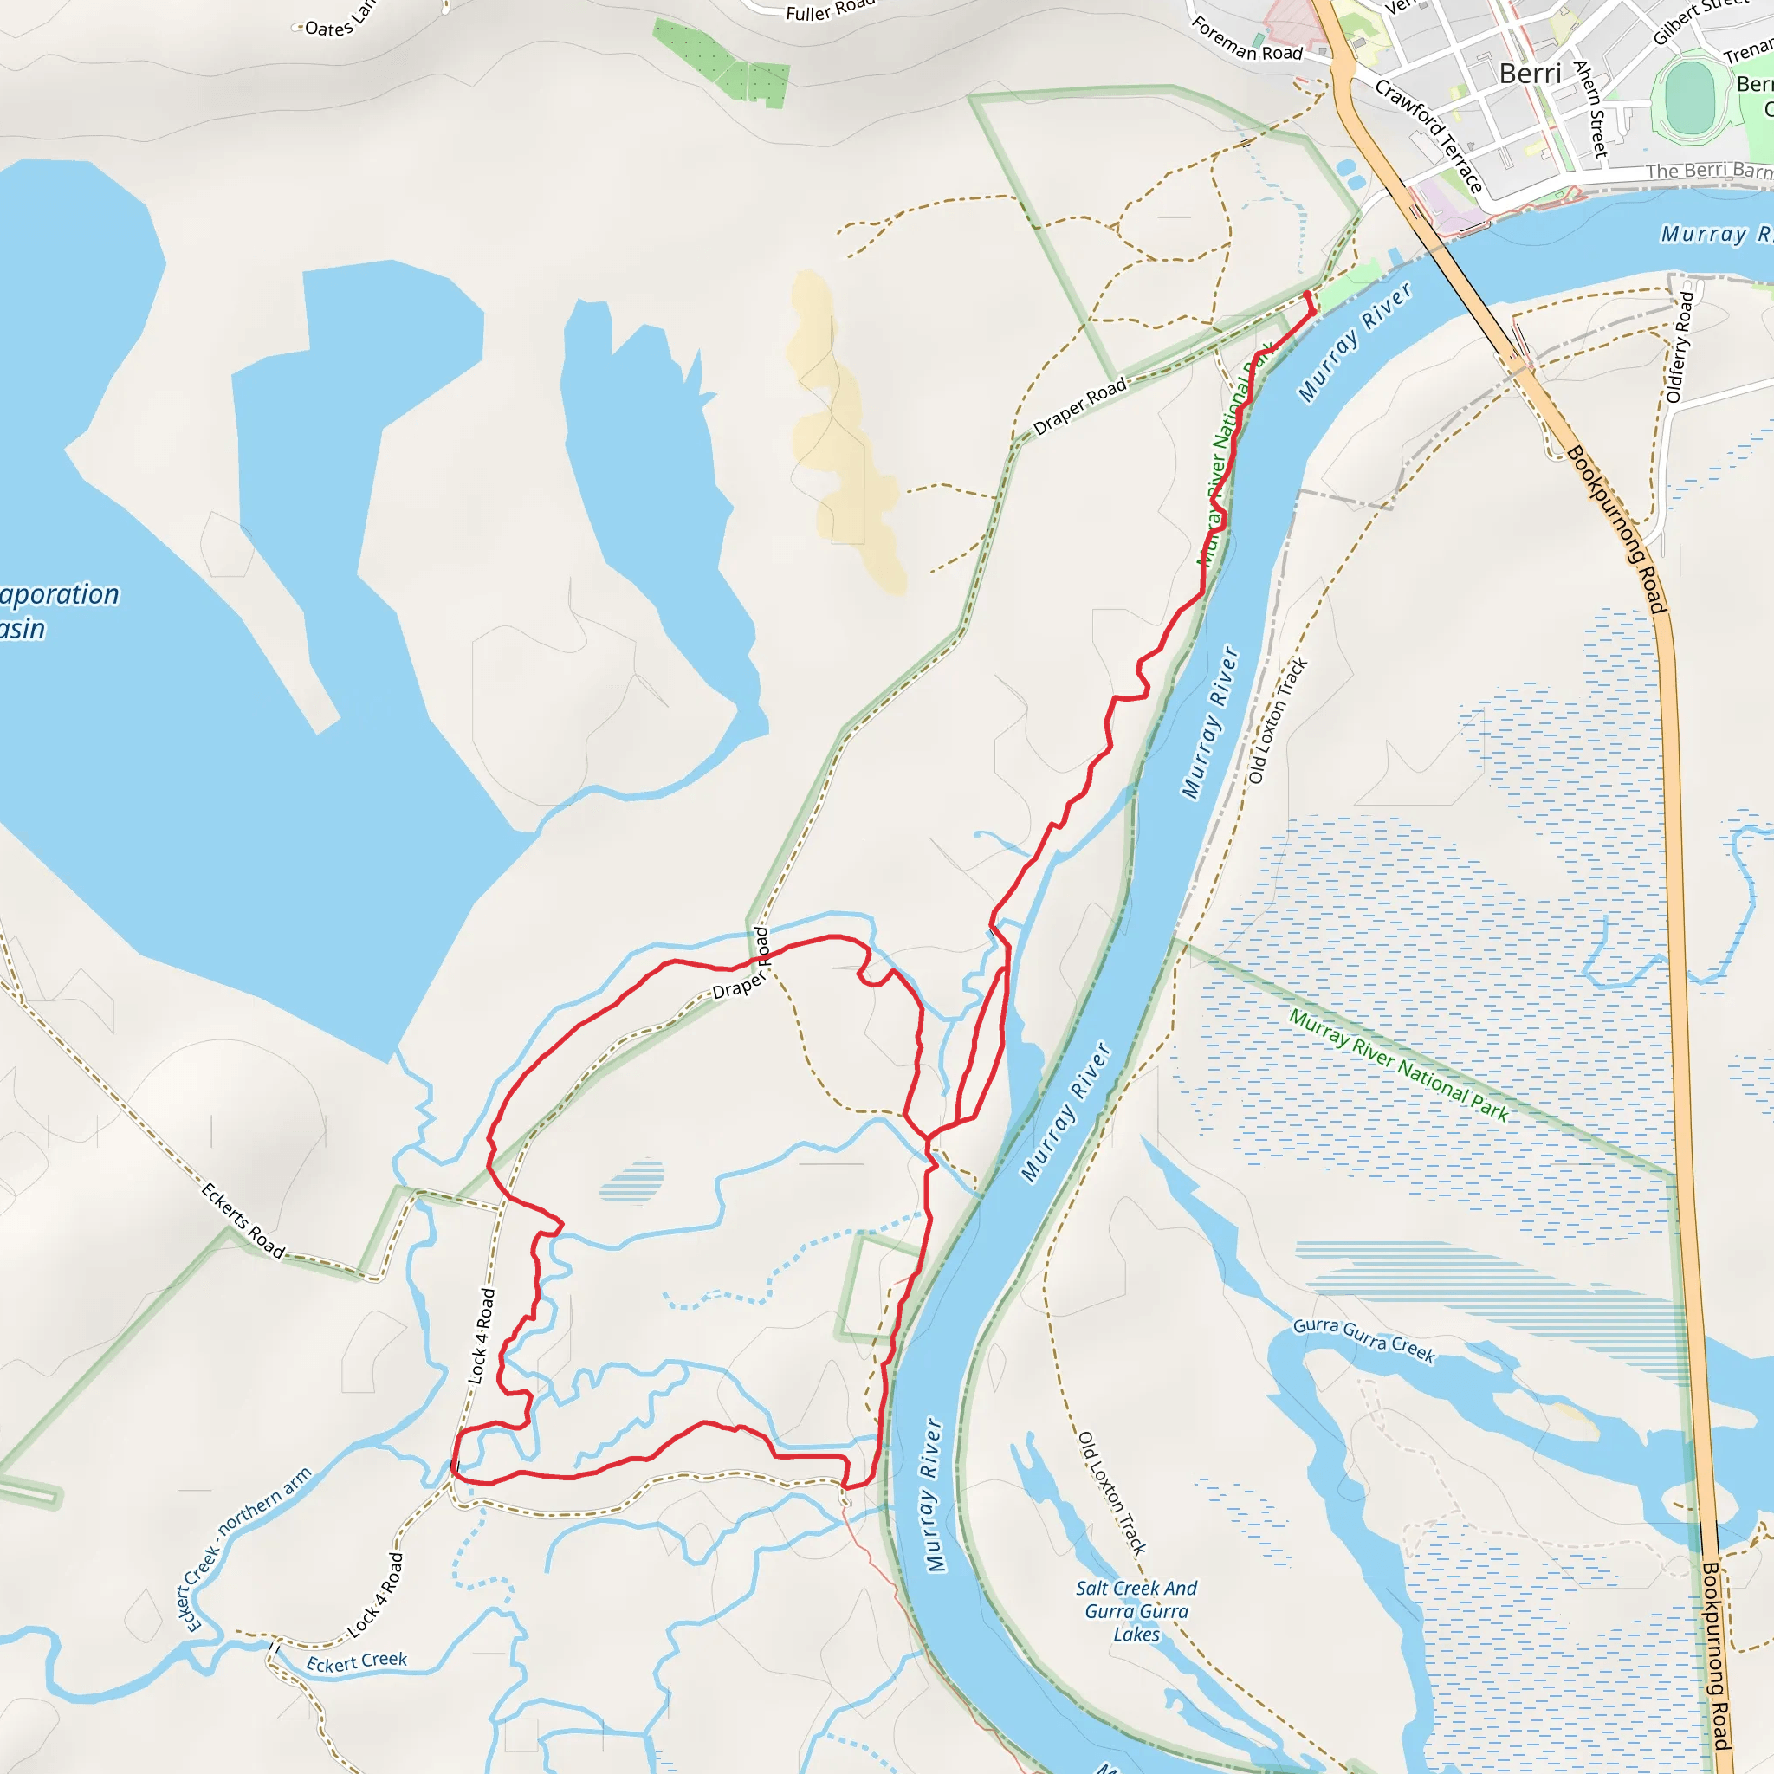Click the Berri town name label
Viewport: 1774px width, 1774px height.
point(1530,74)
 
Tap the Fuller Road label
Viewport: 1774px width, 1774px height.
point(830,10)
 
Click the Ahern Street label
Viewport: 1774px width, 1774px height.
point(1590,108)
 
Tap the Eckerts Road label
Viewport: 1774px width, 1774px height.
point(243,1220)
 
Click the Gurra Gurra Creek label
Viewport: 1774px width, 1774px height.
point(1363,1340)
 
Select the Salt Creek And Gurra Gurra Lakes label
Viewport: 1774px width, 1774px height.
point(1136,1610)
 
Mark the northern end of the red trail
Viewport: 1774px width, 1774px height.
point(1306,294)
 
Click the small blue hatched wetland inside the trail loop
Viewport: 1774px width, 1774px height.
point(631,1181)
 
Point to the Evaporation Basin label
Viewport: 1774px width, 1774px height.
point(55,612)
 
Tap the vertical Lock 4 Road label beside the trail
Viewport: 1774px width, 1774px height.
point(481,1335)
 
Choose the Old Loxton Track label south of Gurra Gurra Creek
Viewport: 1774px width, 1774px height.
point(1111,1492)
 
